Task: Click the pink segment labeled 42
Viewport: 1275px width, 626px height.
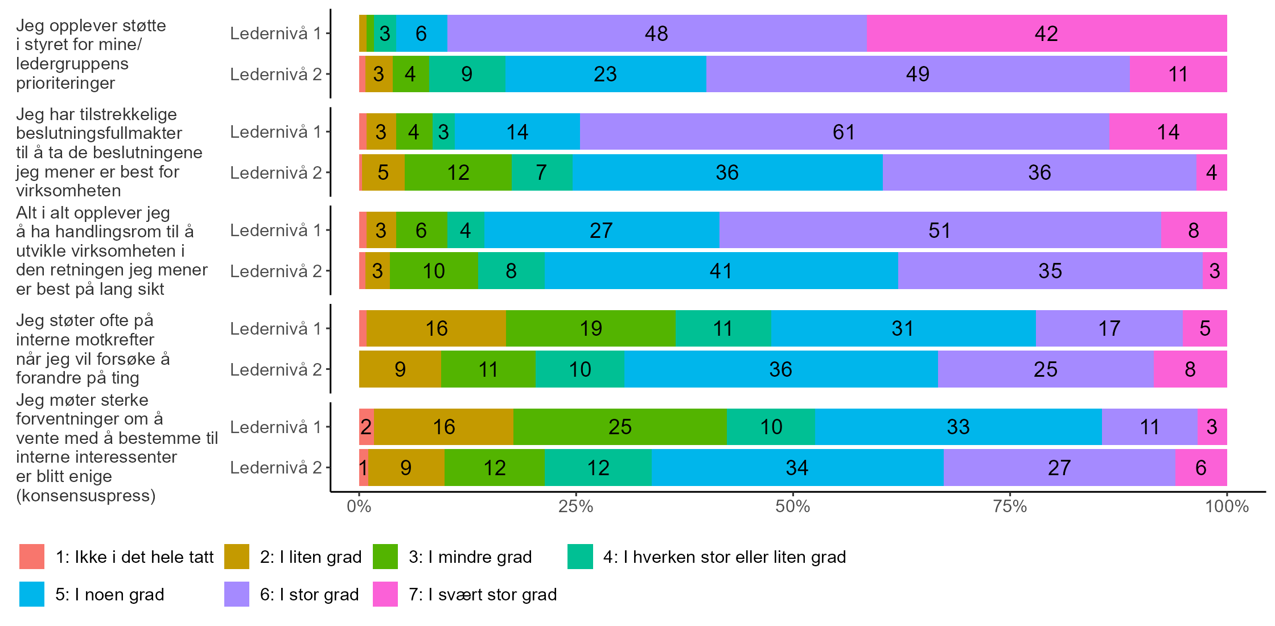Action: (1046, 34)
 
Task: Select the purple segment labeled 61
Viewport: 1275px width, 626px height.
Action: (844, 132)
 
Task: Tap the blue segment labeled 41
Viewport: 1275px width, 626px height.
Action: (721, 271)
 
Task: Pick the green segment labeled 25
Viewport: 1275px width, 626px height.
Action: (620, 427)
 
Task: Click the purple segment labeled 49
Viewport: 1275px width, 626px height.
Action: (918, 74)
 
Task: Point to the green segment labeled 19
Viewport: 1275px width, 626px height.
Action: (591, 328)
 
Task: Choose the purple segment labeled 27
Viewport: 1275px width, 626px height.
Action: (1059, 468)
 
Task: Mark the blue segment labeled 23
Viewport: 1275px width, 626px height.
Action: (605, 74)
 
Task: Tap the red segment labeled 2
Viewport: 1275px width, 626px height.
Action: (366, 427)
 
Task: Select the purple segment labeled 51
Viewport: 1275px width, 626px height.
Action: (939, 230)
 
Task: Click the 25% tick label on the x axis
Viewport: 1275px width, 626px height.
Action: (576, 506)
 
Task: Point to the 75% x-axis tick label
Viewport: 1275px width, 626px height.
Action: (1010, 506)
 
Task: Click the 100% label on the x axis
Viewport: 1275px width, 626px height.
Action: (1227, 506)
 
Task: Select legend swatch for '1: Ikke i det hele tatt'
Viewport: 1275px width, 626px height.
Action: (32, 557)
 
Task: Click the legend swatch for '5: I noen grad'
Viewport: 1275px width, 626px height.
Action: (32, 594)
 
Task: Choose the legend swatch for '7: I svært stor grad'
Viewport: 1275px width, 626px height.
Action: (385, 594)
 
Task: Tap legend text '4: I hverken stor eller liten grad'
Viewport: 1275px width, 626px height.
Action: (725, 557)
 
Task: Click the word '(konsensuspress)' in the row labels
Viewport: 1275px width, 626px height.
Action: (86, 496)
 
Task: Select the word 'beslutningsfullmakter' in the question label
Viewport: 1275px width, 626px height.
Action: (99, 133)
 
